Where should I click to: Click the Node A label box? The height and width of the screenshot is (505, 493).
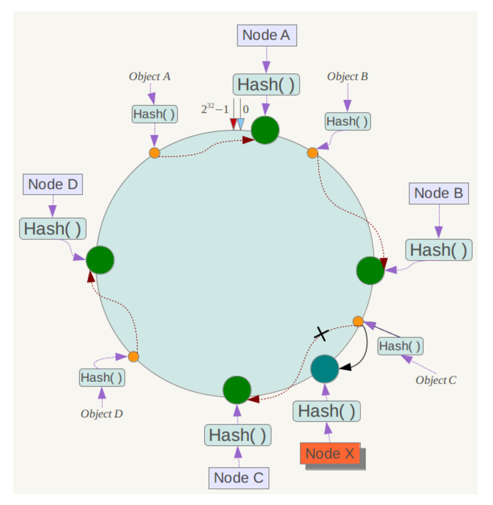pyautogui.click(x=266, y=35)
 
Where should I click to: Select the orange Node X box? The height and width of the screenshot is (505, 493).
pyautogui.click(x=331, y=454)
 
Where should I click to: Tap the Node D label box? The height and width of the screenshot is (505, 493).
pyautogui.click(x=53, y=184)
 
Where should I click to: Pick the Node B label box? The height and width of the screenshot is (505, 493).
pyautogui.click(x=438, y=194)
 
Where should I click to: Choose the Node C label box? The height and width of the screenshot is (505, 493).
pyautogui.click(x=238, y=478)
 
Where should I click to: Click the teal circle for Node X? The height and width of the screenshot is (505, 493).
pyautogui.click(x=325, y=369)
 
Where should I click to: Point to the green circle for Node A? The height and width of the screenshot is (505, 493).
pyautogui.click(x=265, y=130)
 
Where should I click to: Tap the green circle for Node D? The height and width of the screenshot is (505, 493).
pyautogui.click(x=100, y=259)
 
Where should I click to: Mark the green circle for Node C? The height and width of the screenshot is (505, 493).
pyautogui.click(x=237, y=390)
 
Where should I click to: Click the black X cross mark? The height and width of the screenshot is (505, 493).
pyautogui.click(x=321, y=333)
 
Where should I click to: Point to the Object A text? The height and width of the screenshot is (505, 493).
pyautogui.click(x=150, y=77)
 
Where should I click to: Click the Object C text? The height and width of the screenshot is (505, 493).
pyautogui.click(x=436, y=380)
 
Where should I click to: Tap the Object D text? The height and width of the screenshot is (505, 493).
pyautogui.click(x=102, y=413)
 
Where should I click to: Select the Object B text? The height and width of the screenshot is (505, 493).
pyautogui.click(x=347, y=77)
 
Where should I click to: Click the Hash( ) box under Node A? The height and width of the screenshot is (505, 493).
pyautogui.click(x=266, y=85)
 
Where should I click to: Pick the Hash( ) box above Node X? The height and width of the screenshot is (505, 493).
pyautogui.click(x=326, y=411)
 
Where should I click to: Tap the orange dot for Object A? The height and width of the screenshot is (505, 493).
pyautogui.click(x=154, y=153)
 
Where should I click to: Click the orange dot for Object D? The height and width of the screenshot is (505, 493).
pyautogui.click(x=133, y=357)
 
